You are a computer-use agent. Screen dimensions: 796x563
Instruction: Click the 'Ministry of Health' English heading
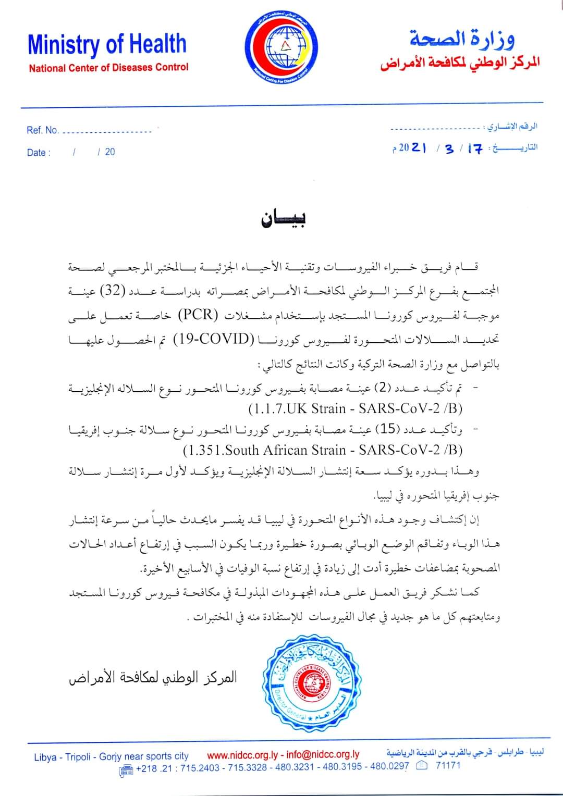pos(107,45)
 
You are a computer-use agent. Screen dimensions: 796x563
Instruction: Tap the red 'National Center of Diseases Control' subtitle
pos(108,68)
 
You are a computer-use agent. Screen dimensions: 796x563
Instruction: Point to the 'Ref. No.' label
pos(43,130)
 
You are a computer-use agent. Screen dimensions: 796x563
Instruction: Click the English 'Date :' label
pos(39,152)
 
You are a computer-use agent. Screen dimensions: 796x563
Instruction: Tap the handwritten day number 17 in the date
pos(474,148)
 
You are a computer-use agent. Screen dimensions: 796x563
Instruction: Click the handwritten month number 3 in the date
pos(449,149)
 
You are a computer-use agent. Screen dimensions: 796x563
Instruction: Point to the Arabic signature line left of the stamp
pos(153,677)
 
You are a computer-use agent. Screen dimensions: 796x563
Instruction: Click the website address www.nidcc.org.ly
pos(242,755)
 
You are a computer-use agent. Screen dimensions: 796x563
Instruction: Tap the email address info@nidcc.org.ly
pos(323,755)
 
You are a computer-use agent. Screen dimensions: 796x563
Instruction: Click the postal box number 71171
pos(448,766)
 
